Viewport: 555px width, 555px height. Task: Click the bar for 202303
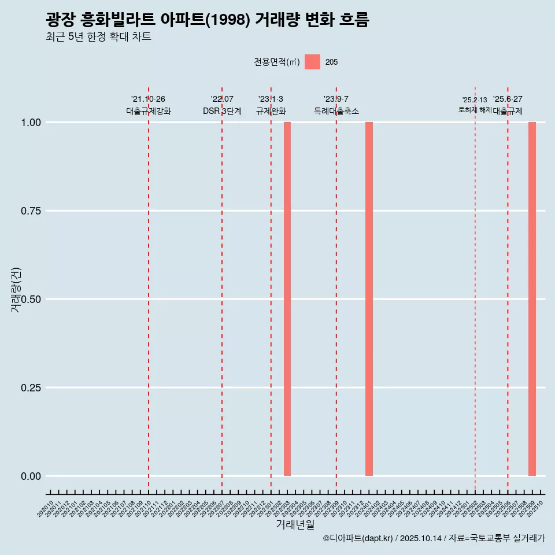[x=287, y=299]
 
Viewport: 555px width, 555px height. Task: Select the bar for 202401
[x=369, y=299]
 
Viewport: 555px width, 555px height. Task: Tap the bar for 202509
[x=532, y=299]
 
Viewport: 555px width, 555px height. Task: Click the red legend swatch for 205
[x=312, y=62]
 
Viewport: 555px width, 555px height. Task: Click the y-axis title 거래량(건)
[x=16, y=290]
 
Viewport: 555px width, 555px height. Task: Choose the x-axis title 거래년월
[x=295, y=524]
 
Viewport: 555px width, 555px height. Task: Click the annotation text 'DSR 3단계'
[x=222, y=111]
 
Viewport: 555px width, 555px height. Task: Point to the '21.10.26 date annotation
[x=148, y=99]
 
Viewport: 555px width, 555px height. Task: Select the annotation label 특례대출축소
[x=336, y=111]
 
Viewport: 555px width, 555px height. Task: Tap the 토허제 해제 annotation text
[x=475, y=109]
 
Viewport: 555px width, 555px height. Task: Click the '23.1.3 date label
[x=271, y=99]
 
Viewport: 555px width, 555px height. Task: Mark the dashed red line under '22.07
[x=222, y=289]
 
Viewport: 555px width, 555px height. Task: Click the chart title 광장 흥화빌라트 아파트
[x=207, y=20]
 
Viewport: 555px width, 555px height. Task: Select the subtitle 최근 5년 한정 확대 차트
[x=98, y=37]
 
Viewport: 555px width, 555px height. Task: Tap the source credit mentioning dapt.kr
[x=434, y=538]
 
